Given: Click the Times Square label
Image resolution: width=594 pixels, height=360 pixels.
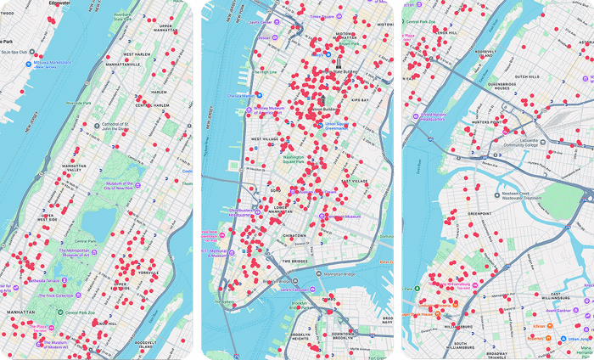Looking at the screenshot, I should pos(322,16).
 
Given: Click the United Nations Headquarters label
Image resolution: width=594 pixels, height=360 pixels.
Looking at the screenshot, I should pos(435,117).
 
